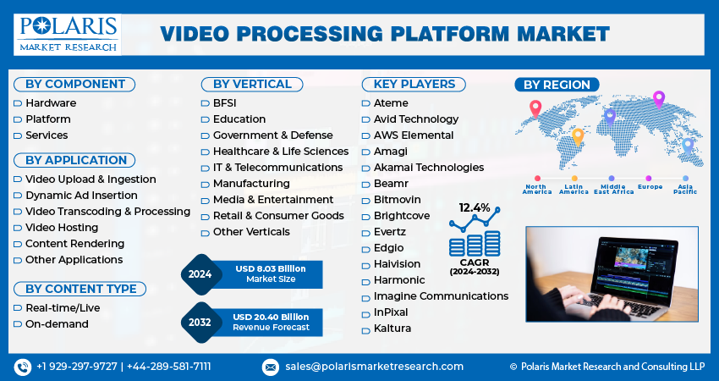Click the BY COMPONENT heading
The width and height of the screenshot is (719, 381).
pyautogui.click(x=74, y=84)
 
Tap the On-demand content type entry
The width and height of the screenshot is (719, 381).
pyautogui.click(x=57, y=324)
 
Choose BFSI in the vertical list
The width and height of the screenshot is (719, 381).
pyautogui.click(x=224, y=103)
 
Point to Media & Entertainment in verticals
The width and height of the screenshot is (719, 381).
pyautogui.click(x=273, y=200)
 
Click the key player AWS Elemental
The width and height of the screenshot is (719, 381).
pyautogui.click(x=414, y=135)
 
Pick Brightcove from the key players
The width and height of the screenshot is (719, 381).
pyautogui.click(x=402, y=216)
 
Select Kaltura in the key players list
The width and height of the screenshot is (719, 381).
pyautogui.click(x=392, y=329)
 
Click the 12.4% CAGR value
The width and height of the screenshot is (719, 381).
pyautogui.click(x=475, y=207)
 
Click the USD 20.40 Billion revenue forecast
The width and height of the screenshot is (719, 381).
pyautogui.click(x=270, y=317)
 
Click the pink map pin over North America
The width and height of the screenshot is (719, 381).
pyautogui.click(x=535, y=108)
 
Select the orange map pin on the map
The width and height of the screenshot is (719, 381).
pyautogui.click(x=579, y=135)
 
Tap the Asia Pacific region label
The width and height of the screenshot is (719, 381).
pyautogui.click(x=685, y=189)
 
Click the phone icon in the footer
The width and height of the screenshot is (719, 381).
pyautogui.click(x=23, y=367)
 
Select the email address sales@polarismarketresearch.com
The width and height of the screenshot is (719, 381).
pyautogui.click(x=374, y=367)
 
